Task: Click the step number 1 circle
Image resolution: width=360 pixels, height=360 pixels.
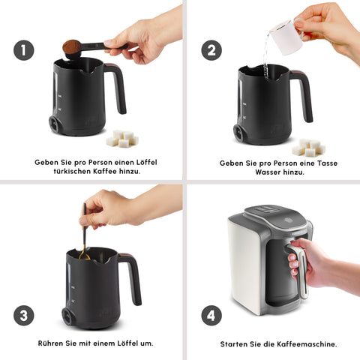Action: point(24,50)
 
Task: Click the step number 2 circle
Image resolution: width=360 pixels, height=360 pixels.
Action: point(211,50)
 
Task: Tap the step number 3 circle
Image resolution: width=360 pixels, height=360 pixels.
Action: point(24,316)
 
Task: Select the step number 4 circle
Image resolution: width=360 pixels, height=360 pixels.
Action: point(211,316)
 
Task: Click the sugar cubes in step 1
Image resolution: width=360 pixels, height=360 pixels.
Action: point(121,139)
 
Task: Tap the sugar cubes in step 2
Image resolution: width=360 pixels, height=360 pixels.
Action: point(310,147)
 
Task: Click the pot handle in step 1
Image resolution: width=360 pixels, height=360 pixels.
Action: point(115,86)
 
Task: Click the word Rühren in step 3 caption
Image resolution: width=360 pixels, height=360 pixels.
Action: point(50,343)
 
